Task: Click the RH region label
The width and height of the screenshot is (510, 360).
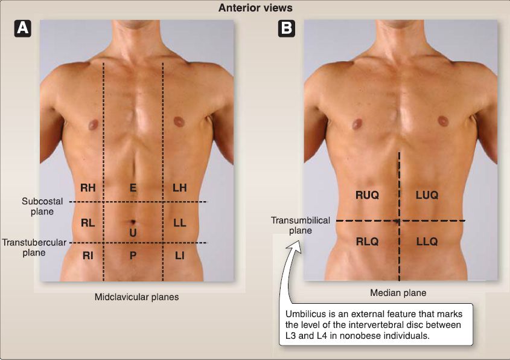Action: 88,188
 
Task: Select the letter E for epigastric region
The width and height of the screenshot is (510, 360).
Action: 133,188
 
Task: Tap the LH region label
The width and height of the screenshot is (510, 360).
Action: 179,188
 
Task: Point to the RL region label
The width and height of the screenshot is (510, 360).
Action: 88,223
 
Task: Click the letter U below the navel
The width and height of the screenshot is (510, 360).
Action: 133,233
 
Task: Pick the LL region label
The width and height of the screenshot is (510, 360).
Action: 179,223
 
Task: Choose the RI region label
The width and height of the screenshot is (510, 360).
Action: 88,256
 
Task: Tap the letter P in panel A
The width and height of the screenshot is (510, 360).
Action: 133,256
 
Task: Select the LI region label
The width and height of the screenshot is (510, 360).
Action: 179,256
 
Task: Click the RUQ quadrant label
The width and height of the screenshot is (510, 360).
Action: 367,195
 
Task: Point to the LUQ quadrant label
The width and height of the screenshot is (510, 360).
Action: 427,195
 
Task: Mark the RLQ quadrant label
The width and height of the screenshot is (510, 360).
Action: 367,242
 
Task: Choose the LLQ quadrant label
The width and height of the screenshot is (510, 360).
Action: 427,242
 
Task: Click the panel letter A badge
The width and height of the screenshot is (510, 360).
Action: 23,28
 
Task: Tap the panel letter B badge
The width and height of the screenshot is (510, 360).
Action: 287,28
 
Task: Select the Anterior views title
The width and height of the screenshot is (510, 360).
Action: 255,8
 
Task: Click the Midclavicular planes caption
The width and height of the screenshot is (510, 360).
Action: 136,297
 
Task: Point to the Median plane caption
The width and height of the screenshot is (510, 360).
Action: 398,293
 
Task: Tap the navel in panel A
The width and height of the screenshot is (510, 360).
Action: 133,222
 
